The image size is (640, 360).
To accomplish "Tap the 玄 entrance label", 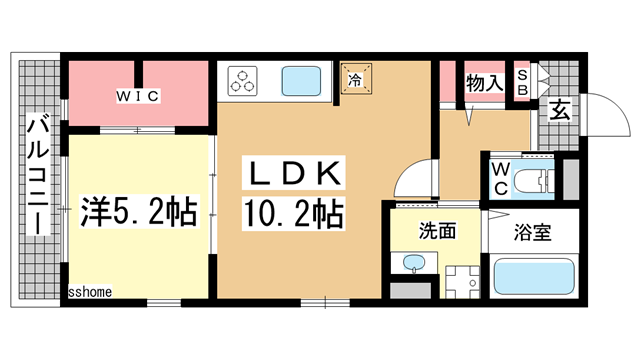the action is (559, 111).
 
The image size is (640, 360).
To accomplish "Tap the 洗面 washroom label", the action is (438, 232).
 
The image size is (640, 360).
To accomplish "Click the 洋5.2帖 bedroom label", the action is (136, 213).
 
